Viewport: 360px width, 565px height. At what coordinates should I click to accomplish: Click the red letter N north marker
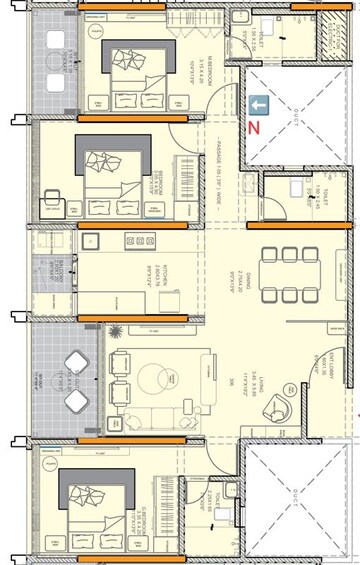pos(254,127)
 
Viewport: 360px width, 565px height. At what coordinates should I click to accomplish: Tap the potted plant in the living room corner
pos(116,330)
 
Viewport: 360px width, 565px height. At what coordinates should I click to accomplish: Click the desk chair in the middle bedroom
pos(53,206)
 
